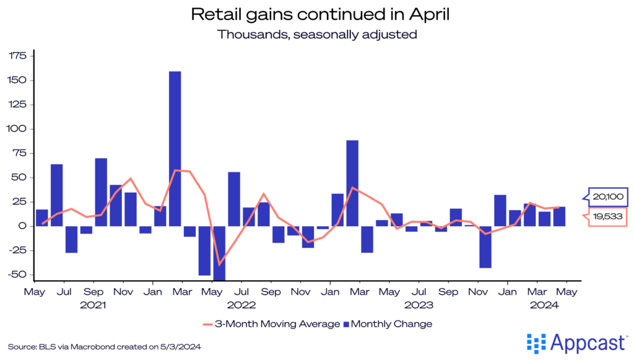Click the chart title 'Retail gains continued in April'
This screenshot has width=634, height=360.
click(x=317, y=14)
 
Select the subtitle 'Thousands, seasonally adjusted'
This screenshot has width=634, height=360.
click(x=317, y=34)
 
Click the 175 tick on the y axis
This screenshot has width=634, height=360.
click(x=17, y=56)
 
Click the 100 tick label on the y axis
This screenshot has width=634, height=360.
click(x=17, y=129)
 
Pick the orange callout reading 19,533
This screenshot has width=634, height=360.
click(x=606, y=216)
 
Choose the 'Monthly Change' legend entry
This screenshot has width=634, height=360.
click(x=387, y=323)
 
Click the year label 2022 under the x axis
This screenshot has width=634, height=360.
click(x=241, y=305)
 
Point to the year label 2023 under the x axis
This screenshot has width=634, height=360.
click(x=419, y=305)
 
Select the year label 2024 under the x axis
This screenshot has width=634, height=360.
click(x=545, y=305)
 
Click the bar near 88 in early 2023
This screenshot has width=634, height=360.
click(x=352, y=183)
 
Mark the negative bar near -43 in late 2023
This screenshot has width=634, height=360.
click(x=485, y=247)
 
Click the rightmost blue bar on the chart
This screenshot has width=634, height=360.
click(x=559, y=216)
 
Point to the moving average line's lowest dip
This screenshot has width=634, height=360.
click(x=219, y=264)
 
